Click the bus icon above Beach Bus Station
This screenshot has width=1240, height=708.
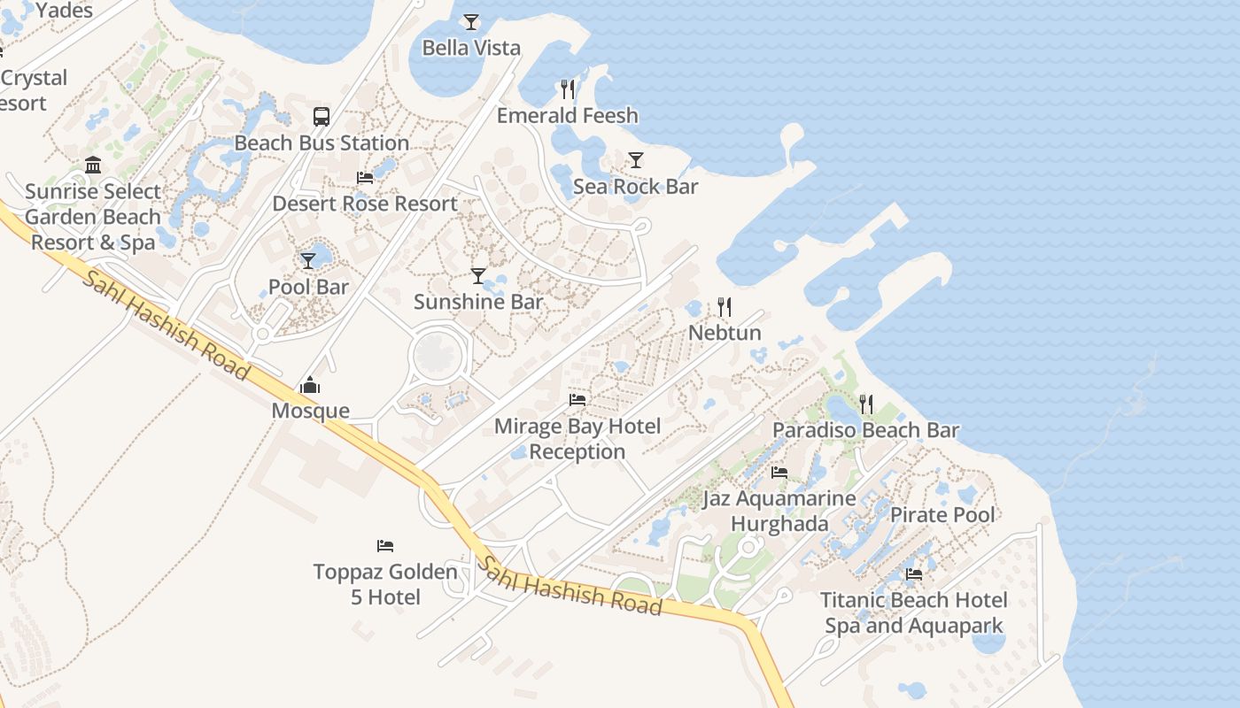pos(322,116)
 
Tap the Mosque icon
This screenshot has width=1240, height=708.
pos(310,385)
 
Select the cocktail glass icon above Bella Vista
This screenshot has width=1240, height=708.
pos(471,21)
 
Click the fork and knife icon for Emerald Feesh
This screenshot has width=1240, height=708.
pos(567,88)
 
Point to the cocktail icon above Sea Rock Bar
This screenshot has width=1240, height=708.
pos(636,160)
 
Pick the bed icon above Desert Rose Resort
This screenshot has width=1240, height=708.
pos(365,177)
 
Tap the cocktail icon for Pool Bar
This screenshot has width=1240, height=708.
pos(308,260)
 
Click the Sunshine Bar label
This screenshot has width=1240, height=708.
pos(478,302)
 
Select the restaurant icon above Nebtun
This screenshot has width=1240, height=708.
pos(725,307)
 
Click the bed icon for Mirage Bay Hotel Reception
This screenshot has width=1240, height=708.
pos(577,400)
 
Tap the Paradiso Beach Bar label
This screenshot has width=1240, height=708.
pos(865,431)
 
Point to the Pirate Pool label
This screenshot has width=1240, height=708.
pos(942,515)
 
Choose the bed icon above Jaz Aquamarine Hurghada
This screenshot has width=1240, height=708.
pos(779,472)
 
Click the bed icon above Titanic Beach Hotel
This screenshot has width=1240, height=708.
pos(914,573)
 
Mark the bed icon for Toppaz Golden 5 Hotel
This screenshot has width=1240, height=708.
pos(385,545)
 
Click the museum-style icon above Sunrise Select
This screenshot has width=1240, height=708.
pos(93,165)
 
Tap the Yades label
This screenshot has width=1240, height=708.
pos(65,11)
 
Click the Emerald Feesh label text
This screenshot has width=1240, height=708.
pos(567,116)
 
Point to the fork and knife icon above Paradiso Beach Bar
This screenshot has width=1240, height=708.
pos(866,404)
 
